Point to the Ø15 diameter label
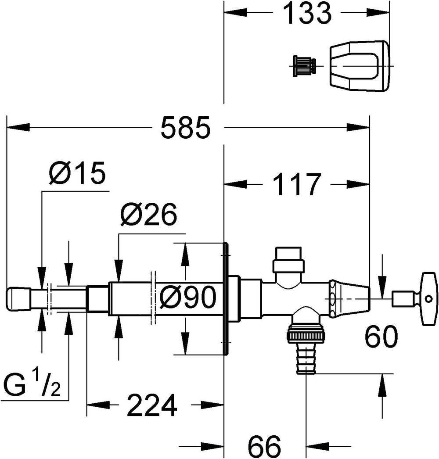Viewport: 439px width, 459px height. click(78, 174)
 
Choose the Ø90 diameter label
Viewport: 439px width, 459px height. click(187, 298)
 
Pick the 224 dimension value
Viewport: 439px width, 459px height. click(152, 405)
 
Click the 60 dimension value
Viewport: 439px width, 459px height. click(381, 337)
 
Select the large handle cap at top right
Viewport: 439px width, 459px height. click(359, 67)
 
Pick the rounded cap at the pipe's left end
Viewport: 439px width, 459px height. click(17, 299)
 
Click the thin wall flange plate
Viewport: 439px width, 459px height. click(226, 298)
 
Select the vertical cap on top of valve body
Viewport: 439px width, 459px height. click(288, 259)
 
